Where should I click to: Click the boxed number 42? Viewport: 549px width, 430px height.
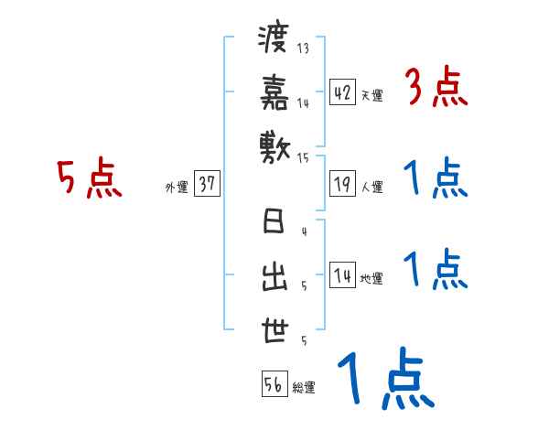(342, 92)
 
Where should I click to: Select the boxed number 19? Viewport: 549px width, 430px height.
(342, 185)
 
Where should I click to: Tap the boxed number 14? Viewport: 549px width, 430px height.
(342, 275)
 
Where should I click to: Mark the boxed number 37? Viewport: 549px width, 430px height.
(207, 185)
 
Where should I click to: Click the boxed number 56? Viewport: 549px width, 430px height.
(274, 384)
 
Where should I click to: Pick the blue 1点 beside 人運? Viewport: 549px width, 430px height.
(435, 178)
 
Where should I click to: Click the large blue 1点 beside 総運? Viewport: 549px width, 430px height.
(384, 379)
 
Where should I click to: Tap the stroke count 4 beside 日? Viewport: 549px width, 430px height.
(303, 231)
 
